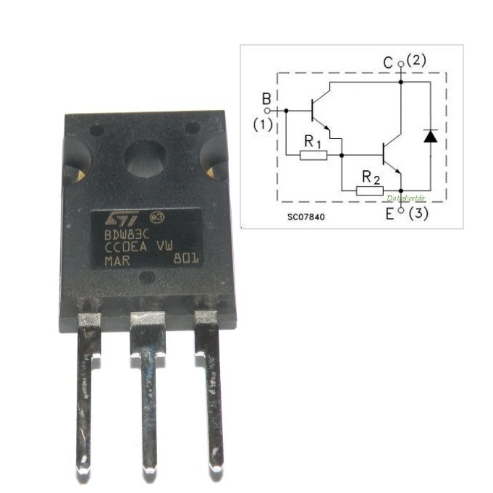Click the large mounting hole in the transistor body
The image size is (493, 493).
[145, 161]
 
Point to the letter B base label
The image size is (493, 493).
[266, 98]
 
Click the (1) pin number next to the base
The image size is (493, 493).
[262, 125]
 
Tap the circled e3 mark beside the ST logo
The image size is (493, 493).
[154, 216]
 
